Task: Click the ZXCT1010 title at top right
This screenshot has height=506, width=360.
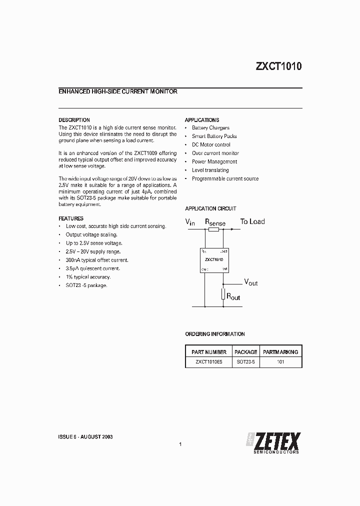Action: pyautogui.click(x=278, y=67)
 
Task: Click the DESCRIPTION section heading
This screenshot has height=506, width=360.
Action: pyautogui.click(x=74, y=120)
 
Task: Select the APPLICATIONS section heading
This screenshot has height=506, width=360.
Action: pyautogui.click(x=202, y=120)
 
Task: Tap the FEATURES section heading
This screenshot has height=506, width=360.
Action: pyautogui.click(x=71, y=218)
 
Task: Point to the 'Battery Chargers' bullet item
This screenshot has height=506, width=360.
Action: pyautogui.click(x=210, y=128)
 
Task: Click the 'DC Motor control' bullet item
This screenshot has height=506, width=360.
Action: pyautogui.click(x=211, y=145)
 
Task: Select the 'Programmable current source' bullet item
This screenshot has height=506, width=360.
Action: pyautogui.click(x=225, y=178)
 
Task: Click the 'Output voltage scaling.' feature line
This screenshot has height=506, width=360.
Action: pyautogui.click(x=91, y=234)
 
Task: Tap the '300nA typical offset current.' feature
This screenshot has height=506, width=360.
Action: pyautogui.click(x=97, y=260)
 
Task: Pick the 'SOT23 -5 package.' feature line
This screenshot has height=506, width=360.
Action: pyautogui.click(x=86, y=285)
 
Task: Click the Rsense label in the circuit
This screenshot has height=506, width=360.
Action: pyautogui.click(x=215, y=222)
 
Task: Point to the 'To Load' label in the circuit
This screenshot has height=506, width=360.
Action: pyautogui.click(x=252, y=221)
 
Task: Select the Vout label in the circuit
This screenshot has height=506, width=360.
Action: pyautogui.click(x=250, y=282)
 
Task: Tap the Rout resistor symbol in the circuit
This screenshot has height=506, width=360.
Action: pyautogui.click(x=223, y=295)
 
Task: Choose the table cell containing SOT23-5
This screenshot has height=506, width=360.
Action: pyautogui.click(x=245, y=361)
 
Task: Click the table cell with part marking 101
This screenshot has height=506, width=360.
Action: pyautogui.click(x=280, y=361)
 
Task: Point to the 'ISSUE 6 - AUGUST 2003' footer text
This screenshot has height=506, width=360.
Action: pyautogui.click(x=85, y=436)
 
